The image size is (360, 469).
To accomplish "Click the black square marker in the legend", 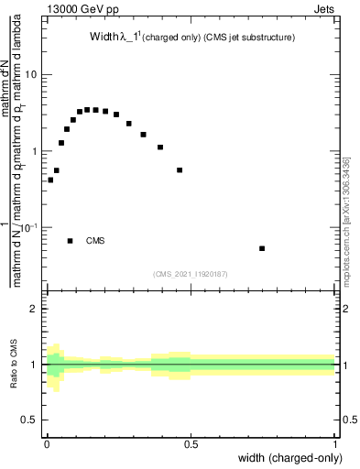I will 71,241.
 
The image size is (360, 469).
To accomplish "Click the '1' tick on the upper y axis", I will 34,150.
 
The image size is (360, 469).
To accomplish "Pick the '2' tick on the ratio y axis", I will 34,309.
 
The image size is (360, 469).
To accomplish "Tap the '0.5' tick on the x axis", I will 191,444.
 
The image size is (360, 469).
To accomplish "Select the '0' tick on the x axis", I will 47,444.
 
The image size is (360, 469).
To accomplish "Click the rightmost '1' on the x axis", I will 336,444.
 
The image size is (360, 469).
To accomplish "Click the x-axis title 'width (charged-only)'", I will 292,459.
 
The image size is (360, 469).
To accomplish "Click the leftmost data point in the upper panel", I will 50,180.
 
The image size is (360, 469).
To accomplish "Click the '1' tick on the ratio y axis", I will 34,365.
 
